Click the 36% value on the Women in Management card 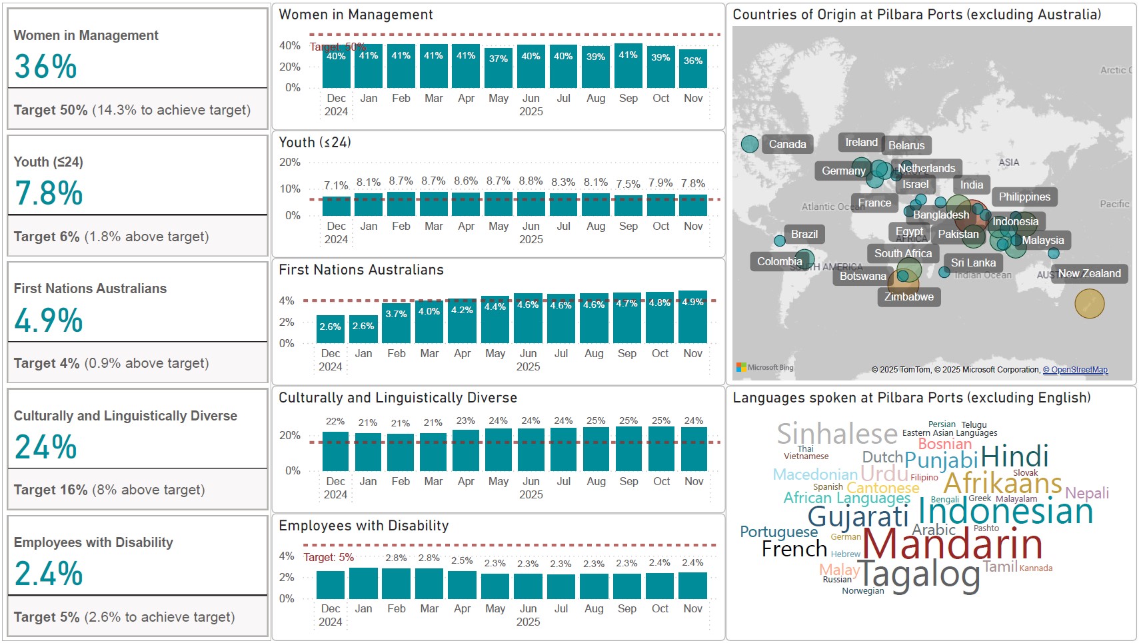45,67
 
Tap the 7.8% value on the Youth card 49,193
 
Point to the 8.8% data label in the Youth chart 531,181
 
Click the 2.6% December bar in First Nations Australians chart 330,329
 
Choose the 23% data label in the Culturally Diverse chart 466,420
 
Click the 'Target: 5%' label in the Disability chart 329,557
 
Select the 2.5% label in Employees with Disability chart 462,560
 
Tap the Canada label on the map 787,144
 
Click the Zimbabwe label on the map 908,297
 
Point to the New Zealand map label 1089,273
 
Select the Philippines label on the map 1024,197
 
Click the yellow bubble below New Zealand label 1089,304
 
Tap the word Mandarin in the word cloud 952,544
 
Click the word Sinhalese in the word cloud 837,434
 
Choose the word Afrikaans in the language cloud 1002,482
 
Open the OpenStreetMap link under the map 1075,370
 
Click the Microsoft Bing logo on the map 764,367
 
